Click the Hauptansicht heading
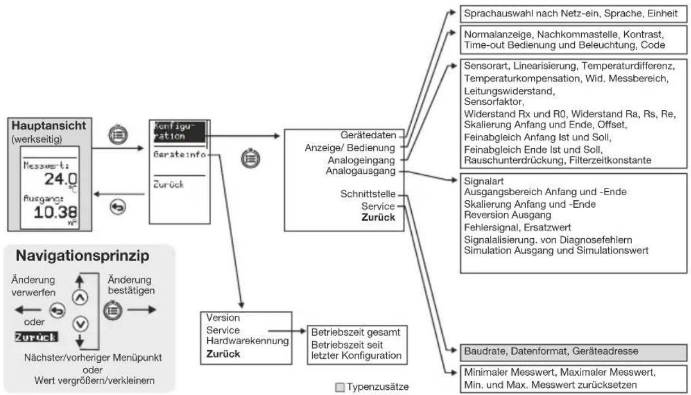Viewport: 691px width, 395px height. point(49,126)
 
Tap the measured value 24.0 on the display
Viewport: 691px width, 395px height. point(61,179)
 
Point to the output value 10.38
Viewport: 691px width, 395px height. point(55,212)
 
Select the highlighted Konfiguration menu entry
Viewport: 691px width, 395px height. point(179,132)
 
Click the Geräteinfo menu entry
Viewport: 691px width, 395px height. point(180,154)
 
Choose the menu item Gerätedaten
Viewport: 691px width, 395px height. point(368,135)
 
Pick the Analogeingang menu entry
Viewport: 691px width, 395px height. point(361,160)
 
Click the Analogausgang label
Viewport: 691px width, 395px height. point(361,171)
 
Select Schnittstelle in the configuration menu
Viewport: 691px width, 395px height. point(368,194)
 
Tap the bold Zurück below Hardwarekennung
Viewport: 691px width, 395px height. point(223,354)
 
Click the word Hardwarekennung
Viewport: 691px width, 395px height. point(248,341)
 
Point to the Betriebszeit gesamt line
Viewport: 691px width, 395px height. point(355,332)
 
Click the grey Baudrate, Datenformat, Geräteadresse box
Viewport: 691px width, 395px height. point(573,353)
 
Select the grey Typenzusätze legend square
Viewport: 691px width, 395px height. point(340,387)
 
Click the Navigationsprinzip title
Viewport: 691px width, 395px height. point(82,256)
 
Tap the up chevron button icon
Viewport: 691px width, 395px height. point(80,298)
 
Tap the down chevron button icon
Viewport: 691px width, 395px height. point(80,324)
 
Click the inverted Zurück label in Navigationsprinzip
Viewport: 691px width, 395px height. point(36,337)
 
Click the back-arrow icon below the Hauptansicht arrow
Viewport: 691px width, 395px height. point(118,207)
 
